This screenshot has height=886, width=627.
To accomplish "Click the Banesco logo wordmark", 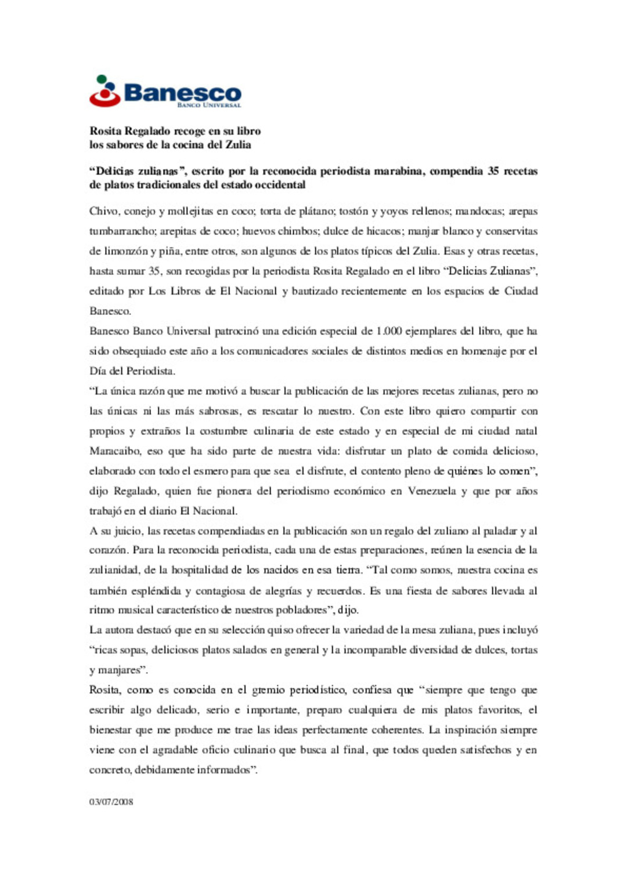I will [182, 93].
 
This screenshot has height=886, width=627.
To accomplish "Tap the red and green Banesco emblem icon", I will [105, 91].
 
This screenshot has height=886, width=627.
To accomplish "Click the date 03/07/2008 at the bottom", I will [111, 802].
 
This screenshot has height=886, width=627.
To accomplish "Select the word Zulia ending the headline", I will [238, 145].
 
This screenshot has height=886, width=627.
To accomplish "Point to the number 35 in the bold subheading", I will [493, 171].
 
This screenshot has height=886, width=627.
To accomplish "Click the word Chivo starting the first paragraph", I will [103, 212].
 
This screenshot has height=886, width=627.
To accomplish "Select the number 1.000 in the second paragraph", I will [388, 331].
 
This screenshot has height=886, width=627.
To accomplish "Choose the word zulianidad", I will [114, 571].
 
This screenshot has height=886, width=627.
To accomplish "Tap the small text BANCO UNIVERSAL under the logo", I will [209, 106].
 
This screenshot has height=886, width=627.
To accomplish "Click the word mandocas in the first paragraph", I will [479, 212].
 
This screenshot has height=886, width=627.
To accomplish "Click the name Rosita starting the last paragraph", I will [105, 690].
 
